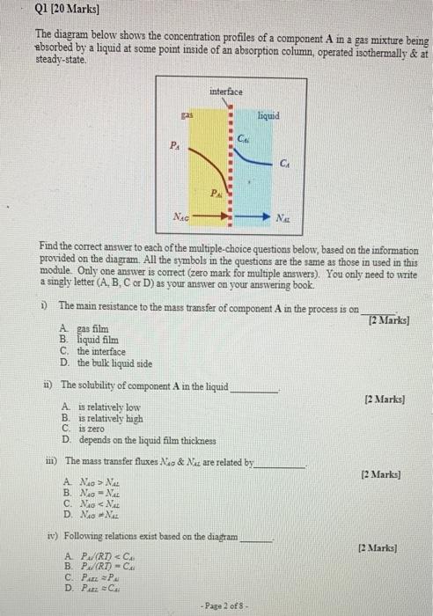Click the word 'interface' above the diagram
226,91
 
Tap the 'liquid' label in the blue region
268,115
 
